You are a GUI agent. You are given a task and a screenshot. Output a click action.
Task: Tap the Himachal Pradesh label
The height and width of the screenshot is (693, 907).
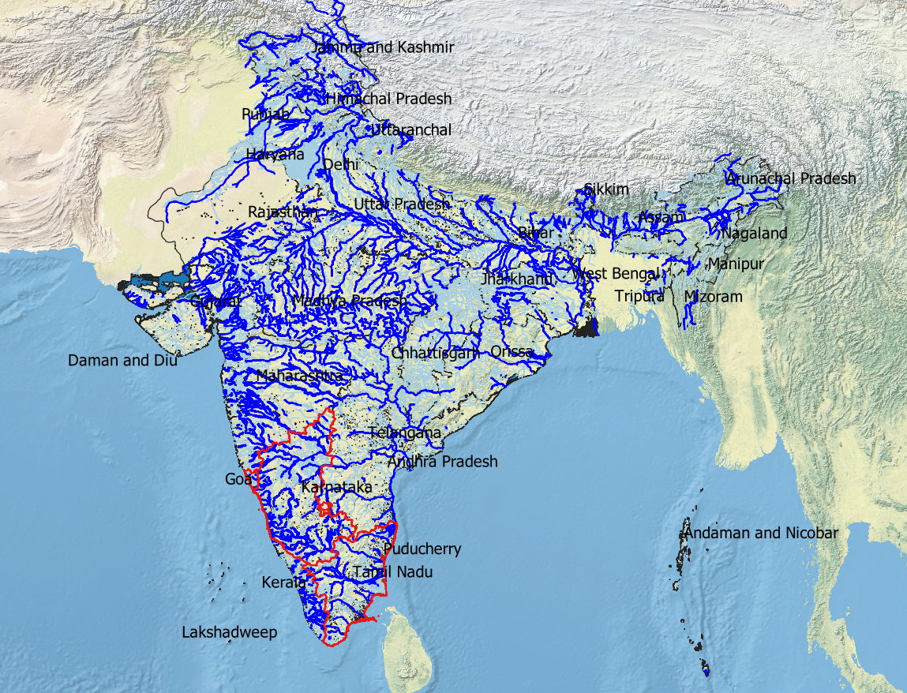(x=389, y=99)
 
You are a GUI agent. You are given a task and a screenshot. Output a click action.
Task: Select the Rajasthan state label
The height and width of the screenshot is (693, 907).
(x=283, y=212)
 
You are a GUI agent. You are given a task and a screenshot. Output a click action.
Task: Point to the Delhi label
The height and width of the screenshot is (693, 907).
(x=341, y=164)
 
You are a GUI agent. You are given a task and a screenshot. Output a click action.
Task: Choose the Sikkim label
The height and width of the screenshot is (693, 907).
(x=606, y=189)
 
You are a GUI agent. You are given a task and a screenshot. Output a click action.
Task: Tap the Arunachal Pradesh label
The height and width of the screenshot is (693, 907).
(x=791, y=178)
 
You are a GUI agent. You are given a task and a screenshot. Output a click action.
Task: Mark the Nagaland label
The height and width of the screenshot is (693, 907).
(x=754, y=233)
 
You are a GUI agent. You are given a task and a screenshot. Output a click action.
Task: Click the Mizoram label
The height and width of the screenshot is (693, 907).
(x=714, y=297)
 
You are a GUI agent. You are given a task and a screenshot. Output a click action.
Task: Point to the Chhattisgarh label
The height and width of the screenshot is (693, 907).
(x=436, y=353)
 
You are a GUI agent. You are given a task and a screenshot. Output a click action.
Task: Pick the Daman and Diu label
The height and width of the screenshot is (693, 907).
(x=122, y=361)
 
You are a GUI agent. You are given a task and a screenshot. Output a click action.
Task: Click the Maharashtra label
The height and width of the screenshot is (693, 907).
(x=300, y=376)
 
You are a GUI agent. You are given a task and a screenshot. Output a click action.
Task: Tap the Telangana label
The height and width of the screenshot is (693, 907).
(x=405, y=433)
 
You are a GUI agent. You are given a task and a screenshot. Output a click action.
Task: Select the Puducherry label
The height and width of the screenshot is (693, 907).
(x=422, y=549)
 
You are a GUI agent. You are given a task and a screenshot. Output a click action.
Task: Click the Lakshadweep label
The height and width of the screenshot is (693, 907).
(x=230, y=632)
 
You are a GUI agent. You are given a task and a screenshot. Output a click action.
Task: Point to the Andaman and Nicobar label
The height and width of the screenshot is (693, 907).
(x=761, y=534)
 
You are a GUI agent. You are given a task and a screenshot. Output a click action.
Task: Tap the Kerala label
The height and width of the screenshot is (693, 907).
(x=283, y=582)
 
